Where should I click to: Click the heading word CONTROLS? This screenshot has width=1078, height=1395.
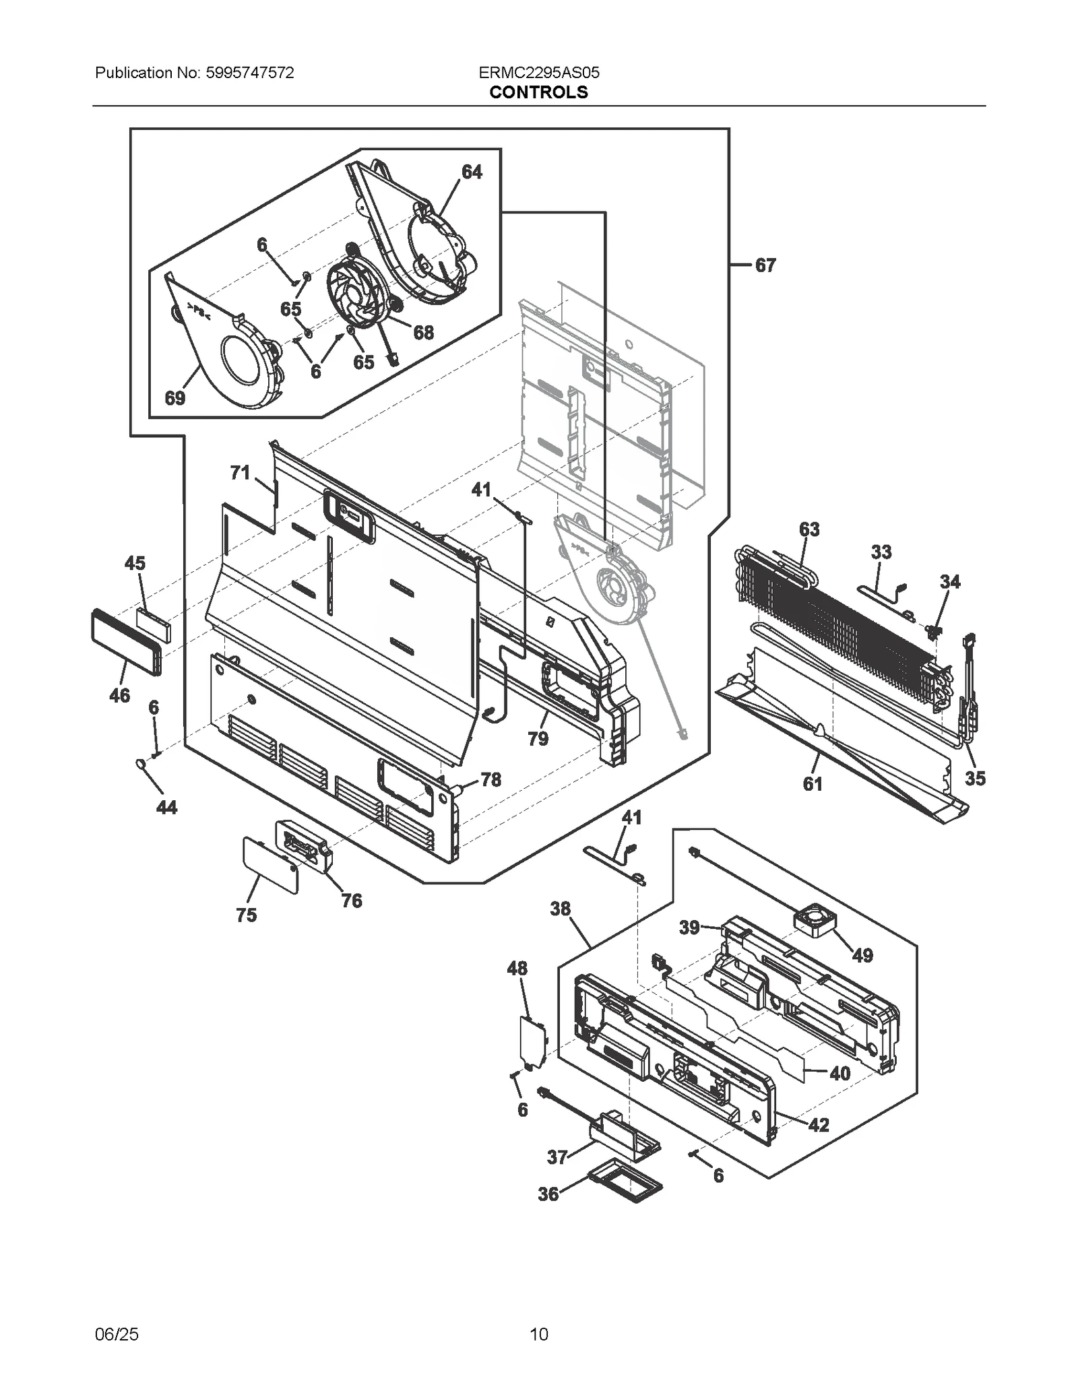click(538, 92)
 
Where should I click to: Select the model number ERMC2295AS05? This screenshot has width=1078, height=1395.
click(539, 73)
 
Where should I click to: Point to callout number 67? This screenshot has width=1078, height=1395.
click(765, 265)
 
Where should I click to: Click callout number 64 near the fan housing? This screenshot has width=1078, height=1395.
click(472, 172)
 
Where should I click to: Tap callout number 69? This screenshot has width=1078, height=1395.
click(175, 398)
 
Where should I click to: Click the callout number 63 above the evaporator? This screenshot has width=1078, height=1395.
click(809, 529)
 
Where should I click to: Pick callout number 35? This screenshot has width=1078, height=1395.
click(975, 779)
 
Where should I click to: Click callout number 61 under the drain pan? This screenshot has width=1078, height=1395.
click(813, 783)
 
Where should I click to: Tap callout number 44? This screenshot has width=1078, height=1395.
click(166, 807)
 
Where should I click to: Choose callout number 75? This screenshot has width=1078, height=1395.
click(246, 915)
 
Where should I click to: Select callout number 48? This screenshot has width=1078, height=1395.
click(517, 969)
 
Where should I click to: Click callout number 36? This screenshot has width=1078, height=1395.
click(548, 1194)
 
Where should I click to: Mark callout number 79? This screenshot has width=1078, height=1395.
click(538, 739)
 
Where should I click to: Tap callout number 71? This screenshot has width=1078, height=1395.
click(240, 473)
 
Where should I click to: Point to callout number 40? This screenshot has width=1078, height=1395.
click(839, 1073)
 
